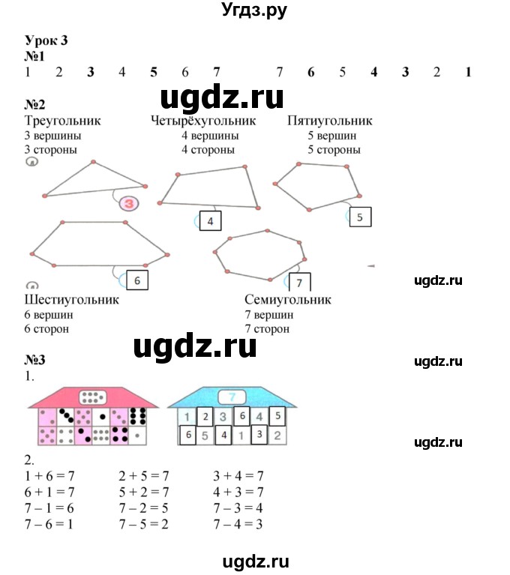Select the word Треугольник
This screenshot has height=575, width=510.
[x=62, y=121]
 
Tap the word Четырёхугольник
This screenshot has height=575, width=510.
[x=203, y=121]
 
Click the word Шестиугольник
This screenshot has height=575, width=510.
[x=72, y=300]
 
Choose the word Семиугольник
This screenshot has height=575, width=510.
[x=288, y=300]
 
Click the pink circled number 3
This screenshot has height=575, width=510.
[x=129, y=203]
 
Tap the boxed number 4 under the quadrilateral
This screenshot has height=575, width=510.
[x=211, y=221]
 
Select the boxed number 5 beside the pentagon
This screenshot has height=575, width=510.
[x=360, y=217]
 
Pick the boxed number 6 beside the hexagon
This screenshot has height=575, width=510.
[x=136, y=280]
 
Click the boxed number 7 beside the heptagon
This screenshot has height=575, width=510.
[x=298, y=283]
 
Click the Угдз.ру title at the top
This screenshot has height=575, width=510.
[x=255, y=10]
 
